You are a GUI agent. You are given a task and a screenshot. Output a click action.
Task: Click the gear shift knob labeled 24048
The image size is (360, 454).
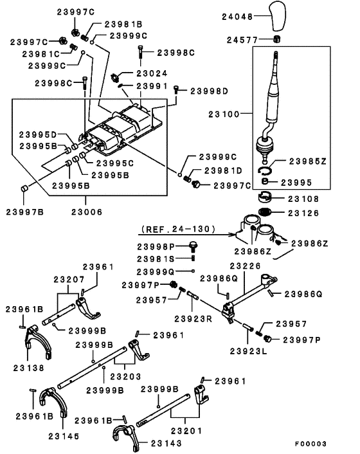pos(278,16)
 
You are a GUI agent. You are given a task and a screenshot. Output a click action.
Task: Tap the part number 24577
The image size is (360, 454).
pos(242,40)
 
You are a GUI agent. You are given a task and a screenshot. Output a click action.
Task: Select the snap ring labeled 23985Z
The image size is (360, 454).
pos(264,170)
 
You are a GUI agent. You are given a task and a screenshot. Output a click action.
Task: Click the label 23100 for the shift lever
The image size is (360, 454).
pos(224,114)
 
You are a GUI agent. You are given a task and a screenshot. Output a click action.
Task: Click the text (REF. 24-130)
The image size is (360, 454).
pos(178,230)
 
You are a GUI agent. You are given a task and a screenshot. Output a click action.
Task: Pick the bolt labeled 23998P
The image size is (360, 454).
pos(194,246)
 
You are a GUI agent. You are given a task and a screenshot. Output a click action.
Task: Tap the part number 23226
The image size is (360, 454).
pos(245,266)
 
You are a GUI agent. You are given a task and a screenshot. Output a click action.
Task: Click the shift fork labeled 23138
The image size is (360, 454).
pos(37,340)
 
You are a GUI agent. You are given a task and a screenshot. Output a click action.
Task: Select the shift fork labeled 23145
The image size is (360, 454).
pos(54,401)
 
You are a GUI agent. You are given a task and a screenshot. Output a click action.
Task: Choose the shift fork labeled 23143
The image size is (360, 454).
pos(125,436)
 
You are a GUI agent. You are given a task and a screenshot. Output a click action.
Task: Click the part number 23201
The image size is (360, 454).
pos(186,431)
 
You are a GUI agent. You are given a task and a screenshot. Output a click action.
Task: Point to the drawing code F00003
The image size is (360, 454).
pos(310,444)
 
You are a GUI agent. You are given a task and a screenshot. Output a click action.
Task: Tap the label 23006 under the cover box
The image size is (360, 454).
pos(87,212)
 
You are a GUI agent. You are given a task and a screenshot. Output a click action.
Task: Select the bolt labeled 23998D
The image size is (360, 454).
pos(176,89)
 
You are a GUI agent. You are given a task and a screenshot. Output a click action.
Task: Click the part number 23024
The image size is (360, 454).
pos(152,73)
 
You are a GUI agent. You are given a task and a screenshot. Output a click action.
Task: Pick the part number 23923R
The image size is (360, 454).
pos(193,319)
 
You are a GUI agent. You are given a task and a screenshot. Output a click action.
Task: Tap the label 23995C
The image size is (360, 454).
pos(115,163)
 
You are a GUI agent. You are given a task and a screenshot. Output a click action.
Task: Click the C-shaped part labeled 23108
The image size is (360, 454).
pos(264,197)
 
